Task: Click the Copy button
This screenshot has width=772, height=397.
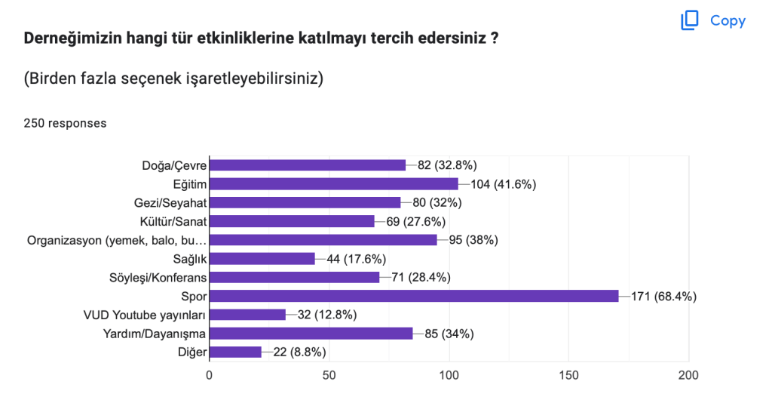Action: click(x=713, y=21)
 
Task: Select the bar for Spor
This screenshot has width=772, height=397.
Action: click(x=413, y=296)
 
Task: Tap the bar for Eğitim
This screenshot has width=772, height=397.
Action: click(x=333, y=183)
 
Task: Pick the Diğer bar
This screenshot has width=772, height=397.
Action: click(x=235, y=352)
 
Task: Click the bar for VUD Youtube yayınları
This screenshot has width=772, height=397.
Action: click(x=247, y=315)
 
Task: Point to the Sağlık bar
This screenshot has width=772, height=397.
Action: click(x=262, y=259)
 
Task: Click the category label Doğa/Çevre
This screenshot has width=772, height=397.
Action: click(x=174, y=165)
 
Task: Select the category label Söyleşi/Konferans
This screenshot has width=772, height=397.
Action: click(x=158, y=278)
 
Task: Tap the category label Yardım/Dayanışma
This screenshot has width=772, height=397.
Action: click(x=155, y=334)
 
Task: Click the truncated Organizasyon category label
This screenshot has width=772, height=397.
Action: click(x=117, y=240)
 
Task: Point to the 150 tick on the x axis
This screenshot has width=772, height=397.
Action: click(x=568, y=374)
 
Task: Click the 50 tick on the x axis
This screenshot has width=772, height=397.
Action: click(x=329, y=374)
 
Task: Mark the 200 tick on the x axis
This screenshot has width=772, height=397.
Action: click(x=688, y=374)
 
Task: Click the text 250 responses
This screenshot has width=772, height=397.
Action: click(x=65, y=123)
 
